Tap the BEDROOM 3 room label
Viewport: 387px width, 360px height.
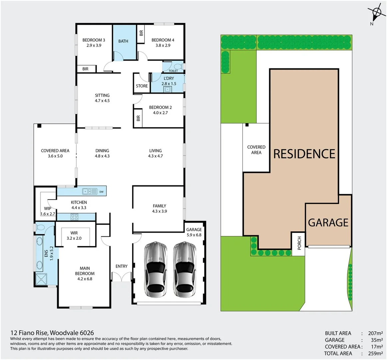[x=94, y=40]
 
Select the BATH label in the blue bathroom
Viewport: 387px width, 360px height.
[x=123, y=41]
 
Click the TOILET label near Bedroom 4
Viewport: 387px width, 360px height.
[x=173, y=71]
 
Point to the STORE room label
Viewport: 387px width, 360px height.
[x=142, y=86]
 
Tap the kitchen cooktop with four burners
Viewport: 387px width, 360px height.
[x=74, y=217]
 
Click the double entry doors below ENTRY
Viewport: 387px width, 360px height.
[x=122, y=277]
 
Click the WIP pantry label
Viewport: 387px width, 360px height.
[x=47, y=208]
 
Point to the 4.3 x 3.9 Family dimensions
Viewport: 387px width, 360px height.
[x=160, y=211]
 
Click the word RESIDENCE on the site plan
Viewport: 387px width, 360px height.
[x=304, y=154]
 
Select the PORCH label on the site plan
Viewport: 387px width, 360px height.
[x=299, y=243]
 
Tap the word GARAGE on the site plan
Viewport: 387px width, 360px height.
[x=328, y=223]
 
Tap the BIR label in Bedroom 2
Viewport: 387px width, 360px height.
[x=138, y=118]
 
